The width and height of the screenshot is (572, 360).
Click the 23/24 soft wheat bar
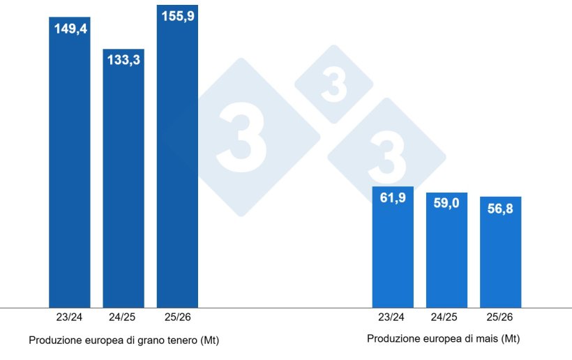pos(70,167)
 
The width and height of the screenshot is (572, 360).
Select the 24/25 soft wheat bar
pos(123,181)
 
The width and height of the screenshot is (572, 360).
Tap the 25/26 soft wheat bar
pos(177,160)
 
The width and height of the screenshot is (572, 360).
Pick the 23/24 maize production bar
pos(393,251)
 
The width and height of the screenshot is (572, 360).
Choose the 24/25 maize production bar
pos(446,255)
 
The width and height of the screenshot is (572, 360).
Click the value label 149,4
pos(70,29)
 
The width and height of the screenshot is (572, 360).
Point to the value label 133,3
pos(123,60)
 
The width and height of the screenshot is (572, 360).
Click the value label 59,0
pos(446,205)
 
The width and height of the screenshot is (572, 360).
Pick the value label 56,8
pos(500,209)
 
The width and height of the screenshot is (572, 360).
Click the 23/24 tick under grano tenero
pos(70,317)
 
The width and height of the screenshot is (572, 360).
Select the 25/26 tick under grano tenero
pos(177,317)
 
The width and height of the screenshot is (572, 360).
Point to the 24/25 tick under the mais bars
pos(446,317)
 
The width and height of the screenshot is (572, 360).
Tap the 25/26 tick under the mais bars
pos(500,317)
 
